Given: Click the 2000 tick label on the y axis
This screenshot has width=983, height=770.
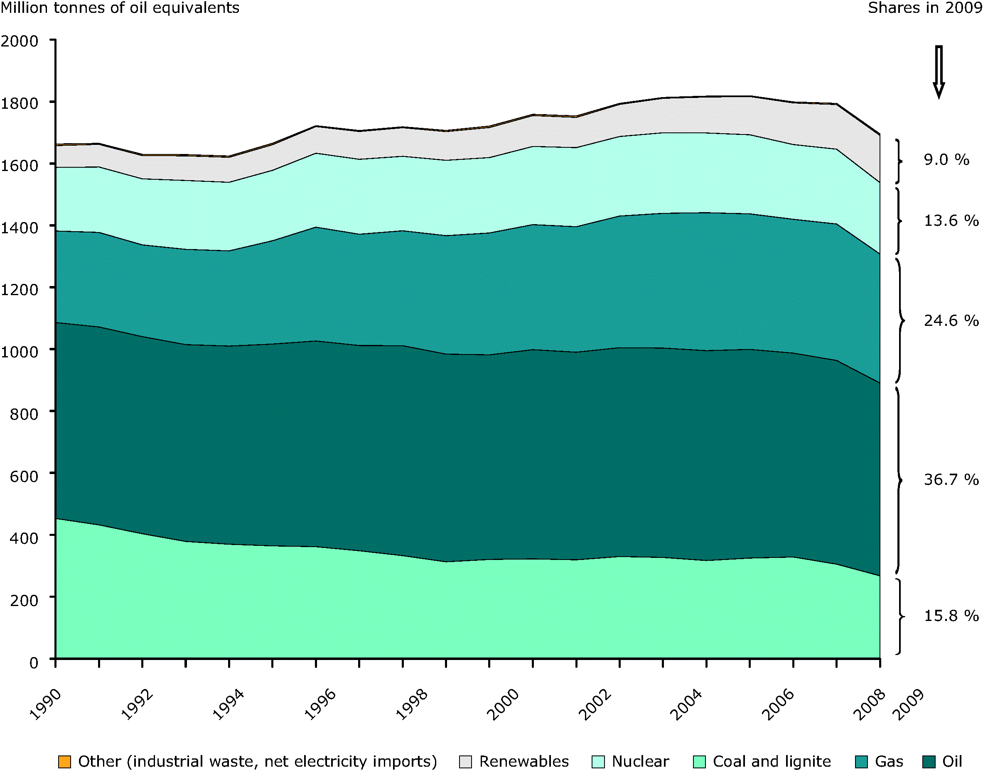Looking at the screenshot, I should coord(20,41).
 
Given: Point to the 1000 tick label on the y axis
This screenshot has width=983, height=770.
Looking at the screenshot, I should coord(20,351).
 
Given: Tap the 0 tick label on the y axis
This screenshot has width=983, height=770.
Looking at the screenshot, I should coord(34,662).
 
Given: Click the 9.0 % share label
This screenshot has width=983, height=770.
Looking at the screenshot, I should coord(946,159).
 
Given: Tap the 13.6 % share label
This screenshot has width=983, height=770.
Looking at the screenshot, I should coord(951,220).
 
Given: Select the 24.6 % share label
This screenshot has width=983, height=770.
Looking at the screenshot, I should coord(951,320).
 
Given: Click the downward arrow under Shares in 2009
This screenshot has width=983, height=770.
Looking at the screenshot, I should coord(939,72).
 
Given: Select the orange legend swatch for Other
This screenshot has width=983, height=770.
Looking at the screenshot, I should coord(65,761).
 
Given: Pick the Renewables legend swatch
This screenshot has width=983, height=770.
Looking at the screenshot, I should coord(465,761).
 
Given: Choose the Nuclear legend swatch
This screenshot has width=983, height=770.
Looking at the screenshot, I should coord(598,761).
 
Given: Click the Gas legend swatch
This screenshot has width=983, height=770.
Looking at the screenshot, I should coord(861,761).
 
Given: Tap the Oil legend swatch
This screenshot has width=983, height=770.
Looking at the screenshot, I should coord(929,761).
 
